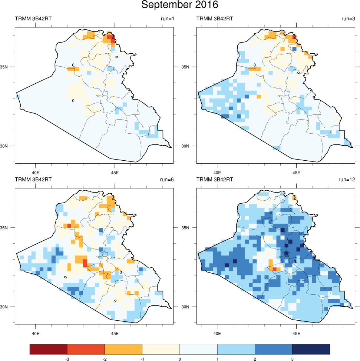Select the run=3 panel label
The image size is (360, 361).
tap(347, 19)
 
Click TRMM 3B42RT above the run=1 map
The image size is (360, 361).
tap(31, 19)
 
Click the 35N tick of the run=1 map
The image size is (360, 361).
tap(8, 67)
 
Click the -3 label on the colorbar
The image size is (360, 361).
tap(67, 359)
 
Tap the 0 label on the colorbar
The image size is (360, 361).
tap(180, 359)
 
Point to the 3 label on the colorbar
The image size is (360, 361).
tap(292, 359)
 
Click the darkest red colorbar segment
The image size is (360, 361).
tap(49, 349)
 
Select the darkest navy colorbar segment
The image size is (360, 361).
tap(311, 349)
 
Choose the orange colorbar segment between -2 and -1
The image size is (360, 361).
tap(123, 349)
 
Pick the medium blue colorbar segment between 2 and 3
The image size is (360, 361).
tap(273, 349)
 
